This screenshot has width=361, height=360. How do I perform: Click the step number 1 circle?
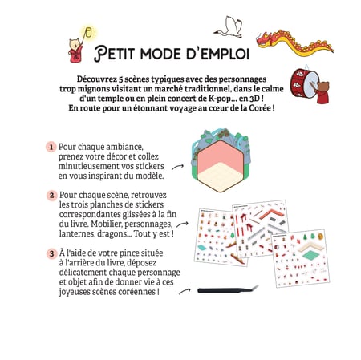coord(51,147)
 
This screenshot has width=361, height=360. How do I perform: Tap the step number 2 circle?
coord(51,196)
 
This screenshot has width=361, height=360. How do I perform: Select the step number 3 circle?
coord(52,253)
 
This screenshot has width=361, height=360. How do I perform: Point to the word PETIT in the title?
coord(114,53)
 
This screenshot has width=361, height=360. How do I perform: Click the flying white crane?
coord(229,27)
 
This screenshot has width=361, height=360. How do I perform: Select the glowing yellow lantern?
coord(88,32)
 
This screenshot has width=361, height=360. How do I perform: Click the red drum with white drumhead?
coord(305,83)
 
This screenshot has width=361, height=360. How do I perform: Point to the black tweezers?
coord(228,290)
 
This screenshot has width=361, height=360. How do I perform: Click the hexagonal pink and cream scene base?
coord(221,166)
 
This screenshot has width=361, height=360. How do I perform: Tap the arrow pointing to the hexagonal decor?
coord(177,167)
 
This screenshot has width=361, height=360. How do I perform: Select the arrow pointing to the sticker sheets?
coord(182,224)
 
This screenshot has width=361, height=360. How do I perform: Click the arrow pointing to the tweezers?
coord(185,291)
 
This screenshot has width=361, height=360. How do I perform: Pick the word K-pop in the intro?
coord(220,99)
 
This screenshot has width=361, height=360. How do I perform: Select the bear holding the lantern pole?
coord(75,51)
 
